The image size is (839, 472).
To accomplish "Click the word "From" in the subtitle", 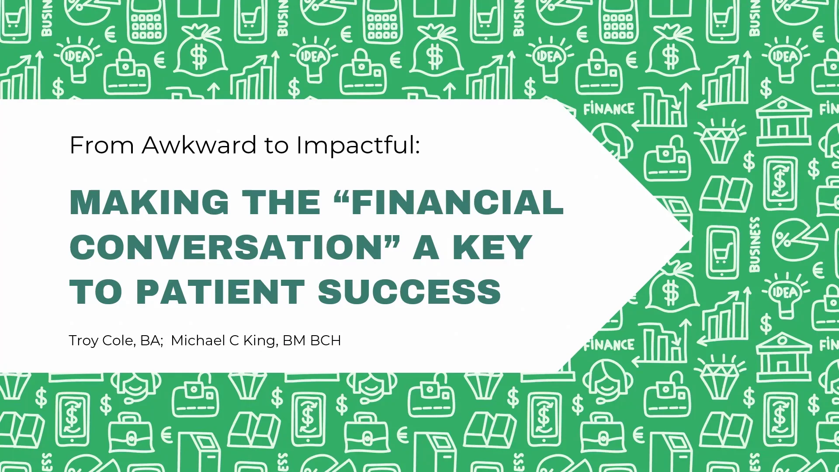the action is tap(102, 145).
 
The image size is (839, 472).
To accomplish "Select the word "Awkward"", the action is tap(199, 145).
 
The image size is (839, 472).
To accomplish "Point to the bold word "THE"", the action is tap(281, 202).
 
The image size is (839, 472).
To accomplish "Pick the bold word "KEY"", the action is tap(492, 247).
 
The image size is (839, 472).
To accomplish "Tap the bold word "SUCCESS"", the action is tap(409, 292).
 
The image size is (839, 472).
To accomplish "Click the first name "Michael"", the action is tap(198, 340).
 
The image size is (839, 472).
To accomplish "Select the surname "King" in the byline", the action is tap(261, 341).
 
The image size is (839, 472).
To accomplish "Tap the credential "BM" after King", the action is tap(294, 340).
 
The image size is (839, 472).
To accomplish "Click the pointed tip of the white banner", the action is tap(692, 236).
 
